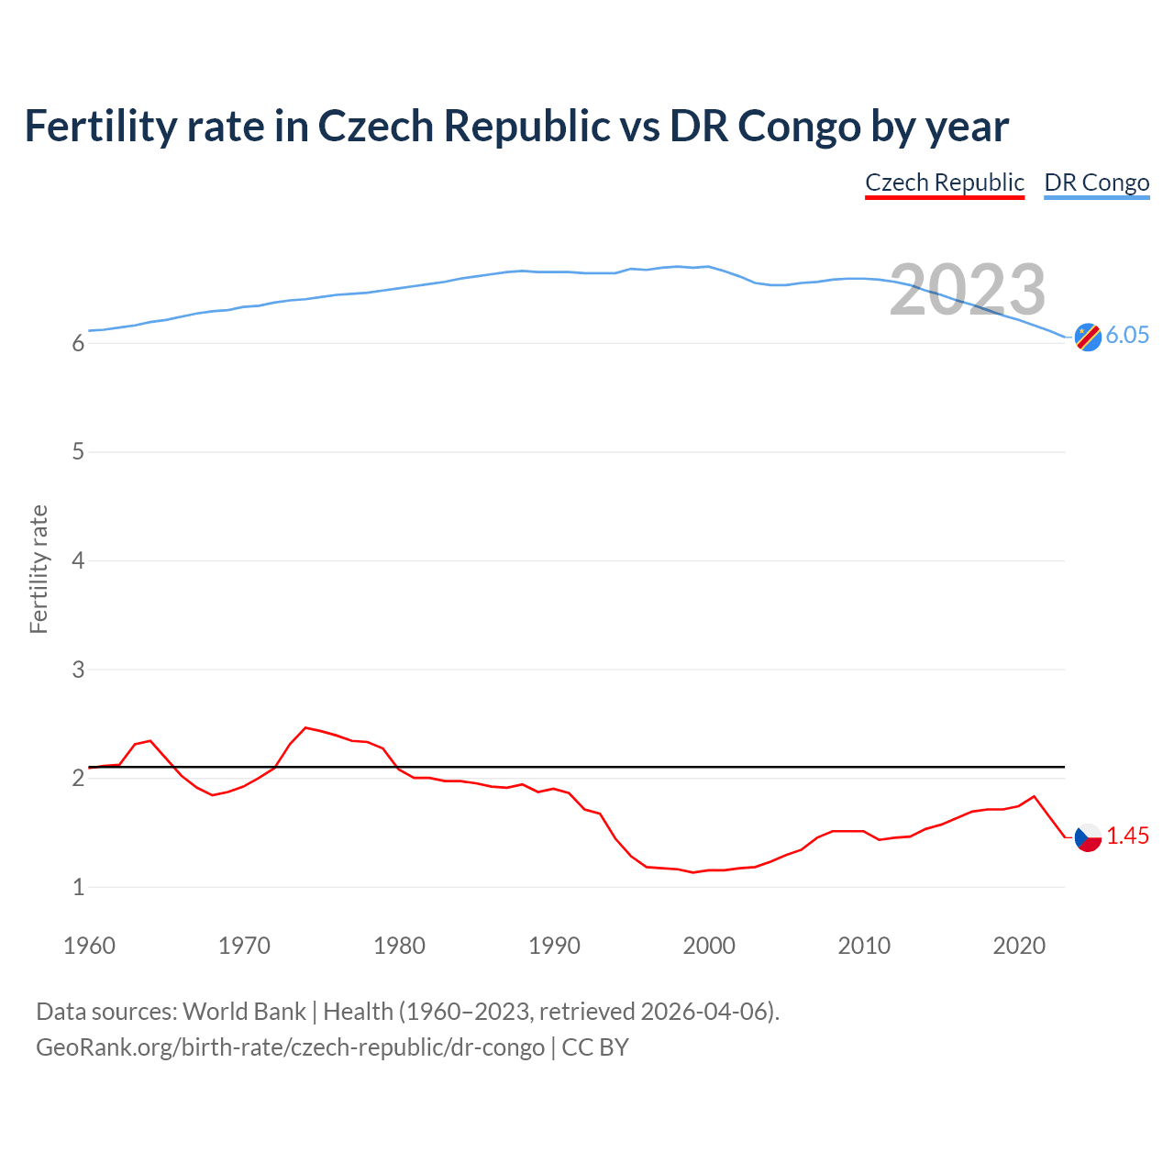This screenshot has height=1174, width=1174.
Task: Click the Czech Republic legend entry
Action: pos(944,183)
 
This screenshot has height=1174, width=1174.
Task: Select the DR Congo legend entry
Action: pos(1096,183)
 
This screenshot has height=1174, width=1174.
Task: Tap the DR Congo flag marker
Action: pos(1088,338)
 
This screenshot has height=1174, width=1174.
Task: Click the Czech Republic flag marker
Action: pos(1088,836)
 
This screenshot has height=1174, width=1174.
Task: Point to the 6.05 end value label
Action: pos(1127,335)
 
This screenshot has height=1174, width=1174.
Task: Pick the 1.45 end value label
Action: pos(1127,836)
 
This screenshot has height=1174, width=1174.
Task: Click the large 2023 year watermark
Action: pos(967,290)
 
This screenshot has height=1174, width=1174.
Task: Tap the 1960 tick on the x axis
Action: pos(89,946)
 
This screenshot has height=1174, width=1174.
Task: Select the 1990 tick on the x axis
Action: pos(554,946)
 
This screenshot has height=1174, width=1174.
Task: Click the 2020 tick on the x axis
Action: pos(1019,946)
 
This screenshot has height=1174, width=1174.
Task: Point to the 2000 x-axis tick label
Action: pos(709,946)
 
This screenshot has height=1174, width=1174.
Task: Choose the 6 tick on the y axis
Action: pos(78,343)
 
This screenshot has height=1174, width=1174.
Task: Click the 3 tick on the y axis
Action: pos(78,670)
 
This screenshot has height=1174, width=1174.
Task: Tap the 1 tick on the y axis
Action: pos(78,887)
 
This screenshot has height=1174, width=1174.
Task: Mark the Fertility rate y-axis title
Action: pos(39,569)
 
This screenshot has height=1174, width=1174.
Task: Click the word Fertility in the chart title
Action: pos(98,126)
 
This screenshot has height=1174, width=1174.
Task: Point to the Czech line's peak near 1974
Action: pos(305,727)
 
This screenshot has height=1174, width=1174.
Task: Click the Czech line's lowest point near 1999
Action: pos(693,872)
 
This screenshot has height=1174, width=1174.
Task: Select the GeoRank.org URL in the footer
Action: pos(290,1047)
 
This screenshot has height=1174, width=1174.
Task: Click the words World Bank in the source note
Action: pos(244,1011)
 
